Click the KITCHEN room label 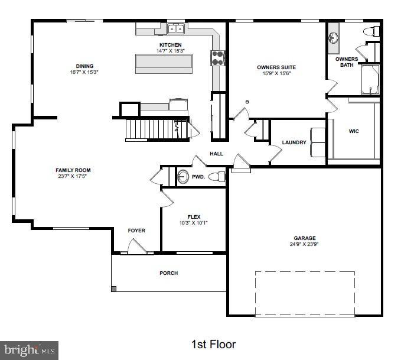pyautogui.click(x=170, y=45)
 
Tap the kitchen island pyautogui.click(x=165, y=63)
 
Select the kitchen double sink pyautogui.click(x=175, y=29)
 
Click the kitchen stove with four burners pyautogui.click(x=218, y=57)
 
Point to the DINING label pyautogui.click(x=84, y=66)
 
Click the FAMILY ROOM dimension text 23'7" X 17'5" pyautogui.click(x=73, y=176)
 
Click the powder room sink pyautogui.click(x=183, y=176)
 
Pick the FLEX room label pyautogui.click(x=194, y=216)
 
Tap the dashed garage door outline pyautogui.click(x=305, y=293)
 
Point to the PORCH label pyautogui.click(x=168, y=273)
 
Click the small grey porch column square pyautogui.click(x=114, y=289)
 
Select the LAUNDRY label pyautogui.click(x=294, y=142)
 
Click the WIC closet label pyautogui.click(x=354, y=131)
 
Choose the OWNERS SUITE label pyautogui.click(x=276, y=67)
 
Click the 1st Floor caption pyautogui.click(x=213, y=344)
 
